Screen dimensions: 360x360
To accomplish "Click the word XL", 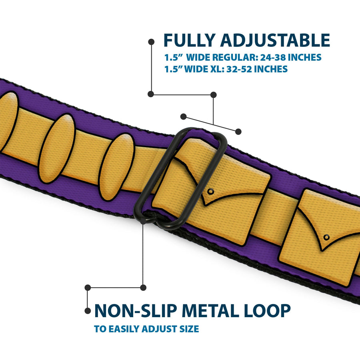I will point(214,69).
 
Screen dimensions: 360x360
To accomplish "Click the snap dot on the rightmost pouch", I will point(326,237).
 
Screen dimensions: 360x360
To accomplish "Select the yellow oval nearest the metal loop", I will point(116,166).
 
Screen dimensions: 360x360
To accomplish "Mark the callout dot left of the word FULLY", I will point(151,41).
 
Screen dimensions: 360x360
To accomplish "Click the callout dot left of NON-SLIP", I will point(88,310).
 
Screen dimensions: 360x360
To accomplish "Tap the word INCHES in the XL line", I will point(270,69).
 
